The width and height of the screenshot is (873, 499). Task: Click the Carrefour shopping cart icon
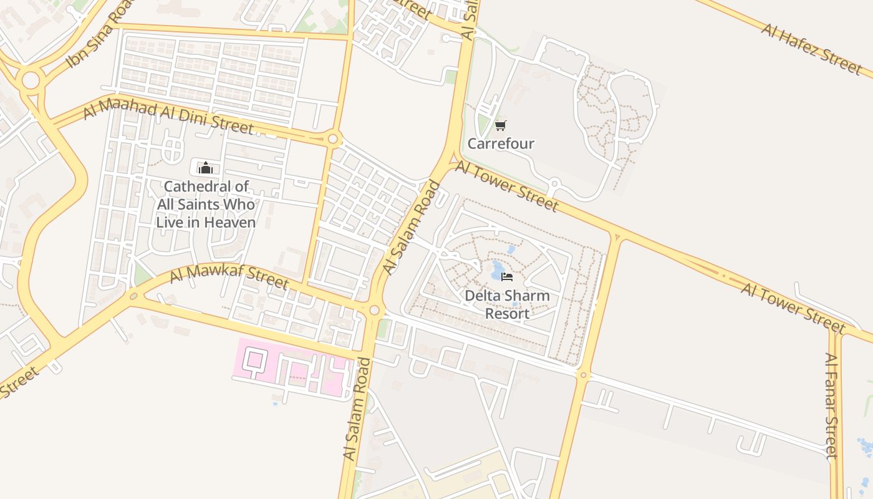pos(500,126)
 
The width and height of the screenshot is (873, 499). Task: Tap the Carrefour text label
pos(501,144)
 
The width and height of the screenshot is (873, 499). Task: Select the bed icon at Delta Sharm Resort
pos(507,276)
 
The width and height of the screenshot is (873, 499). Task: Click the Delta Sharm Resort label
pos(507,304)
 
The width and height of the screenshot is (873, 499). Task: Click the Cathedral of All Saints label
pos(206,204)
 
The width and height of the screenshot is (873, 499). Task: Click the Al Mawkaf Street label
pos(229,275)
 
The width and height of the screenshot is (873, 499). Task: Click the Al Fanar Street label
pos(831,405)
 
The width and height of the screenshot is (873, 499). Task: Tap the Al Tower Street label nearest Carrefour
pos(506,185)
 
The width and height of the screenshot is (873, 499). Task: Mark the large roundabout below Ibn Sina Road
pos(30,80)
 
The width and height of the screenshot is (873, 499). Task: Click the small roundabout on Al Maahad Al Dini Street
pos(333,138)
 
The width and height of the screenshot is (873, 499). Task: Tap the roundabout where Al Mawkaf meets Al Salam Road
pos(374,310)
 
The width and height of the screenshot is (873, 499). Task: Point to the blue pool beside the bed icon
pos(497,272)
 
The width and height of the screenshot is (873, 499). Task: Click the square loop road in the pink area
pos(254,360)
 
